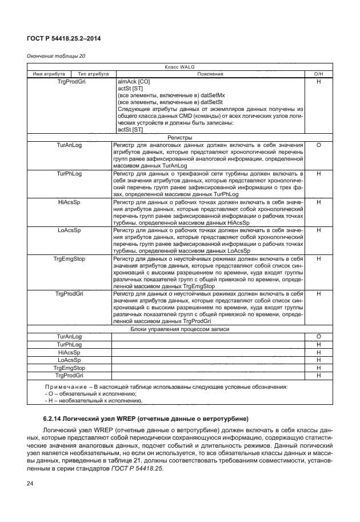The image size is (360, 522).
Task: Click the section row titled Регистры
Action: tap(180, 138)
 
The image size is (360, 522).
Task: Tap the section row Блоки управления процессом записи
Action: tap(180, 330)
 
